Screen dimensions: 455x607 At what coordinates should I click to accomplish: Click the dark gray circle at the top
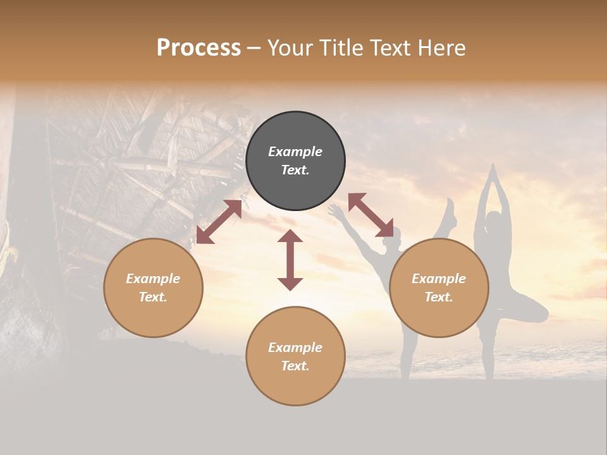[295, 161]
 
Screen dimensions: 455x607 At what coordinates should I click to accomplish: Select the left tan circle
[153, 288]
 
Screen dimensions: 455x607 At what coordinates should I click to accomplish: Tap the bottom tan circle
[295, 356]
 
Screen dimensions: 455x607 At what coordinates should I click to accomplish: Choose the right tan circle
[439, 288]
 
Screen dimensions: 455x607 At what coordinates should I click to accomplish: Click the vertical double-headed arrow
[290, 260]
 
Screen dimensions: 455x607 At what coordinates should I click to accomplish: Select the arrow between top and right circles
[371, 215]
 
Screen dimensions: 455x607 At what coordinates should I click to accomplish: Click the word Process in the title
[199, 48]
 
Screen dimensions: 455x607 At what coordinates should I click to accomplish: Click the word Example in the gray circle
[295, 152]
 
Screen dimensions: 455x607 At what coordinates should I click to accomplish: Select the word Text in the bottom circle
[294, 366]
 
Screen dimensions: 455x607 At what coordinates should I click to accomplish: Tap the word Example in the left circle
[153, 279]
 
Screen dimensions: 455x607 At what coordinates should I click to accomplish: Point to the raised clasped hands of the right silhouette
[493, 171]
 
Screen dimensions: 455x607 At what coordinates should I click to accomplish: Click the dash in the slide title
[254, 48]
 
